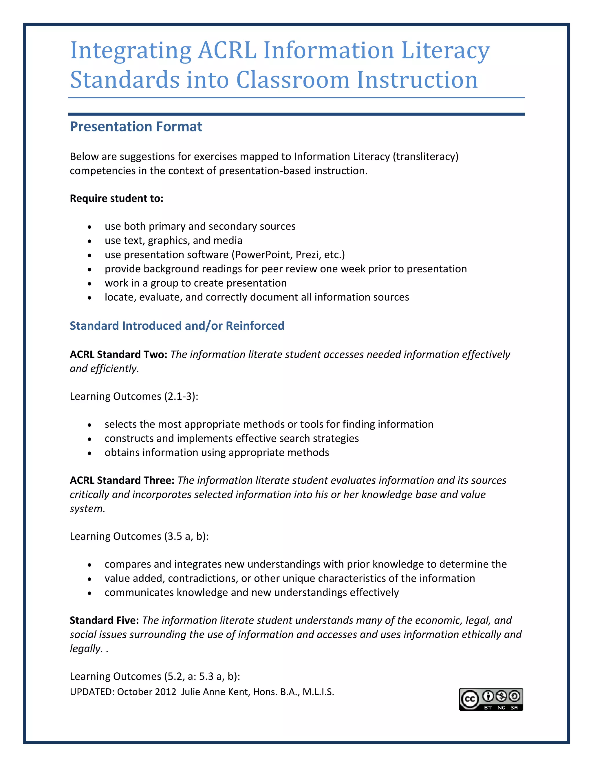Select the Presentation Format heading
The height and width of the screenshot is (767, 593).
[x=136, y=126]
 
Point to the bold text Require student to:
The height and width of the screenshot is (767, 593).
[x=117, y=199]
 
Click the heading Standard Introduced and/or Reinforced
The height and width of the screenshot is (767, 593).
[x=177, y=326]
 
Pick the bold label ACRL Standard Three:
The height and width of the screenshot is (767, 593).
[x=122, y=480]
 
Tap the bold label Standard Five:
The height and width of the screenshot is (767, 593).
[x=104, y=620]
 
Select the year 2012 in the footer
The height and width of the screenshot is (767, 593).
[x=165, y=692]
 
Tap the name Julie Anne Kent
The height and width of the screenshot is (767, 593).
[x=215, y=692]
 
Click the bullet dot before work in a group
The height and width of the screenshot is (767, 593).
[x=90, y=283]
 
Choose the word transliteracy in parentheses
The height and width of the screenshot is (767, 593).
[x=425, y=156]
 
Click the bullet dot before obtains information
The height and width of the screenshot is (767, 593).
[x=90, y=453]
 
